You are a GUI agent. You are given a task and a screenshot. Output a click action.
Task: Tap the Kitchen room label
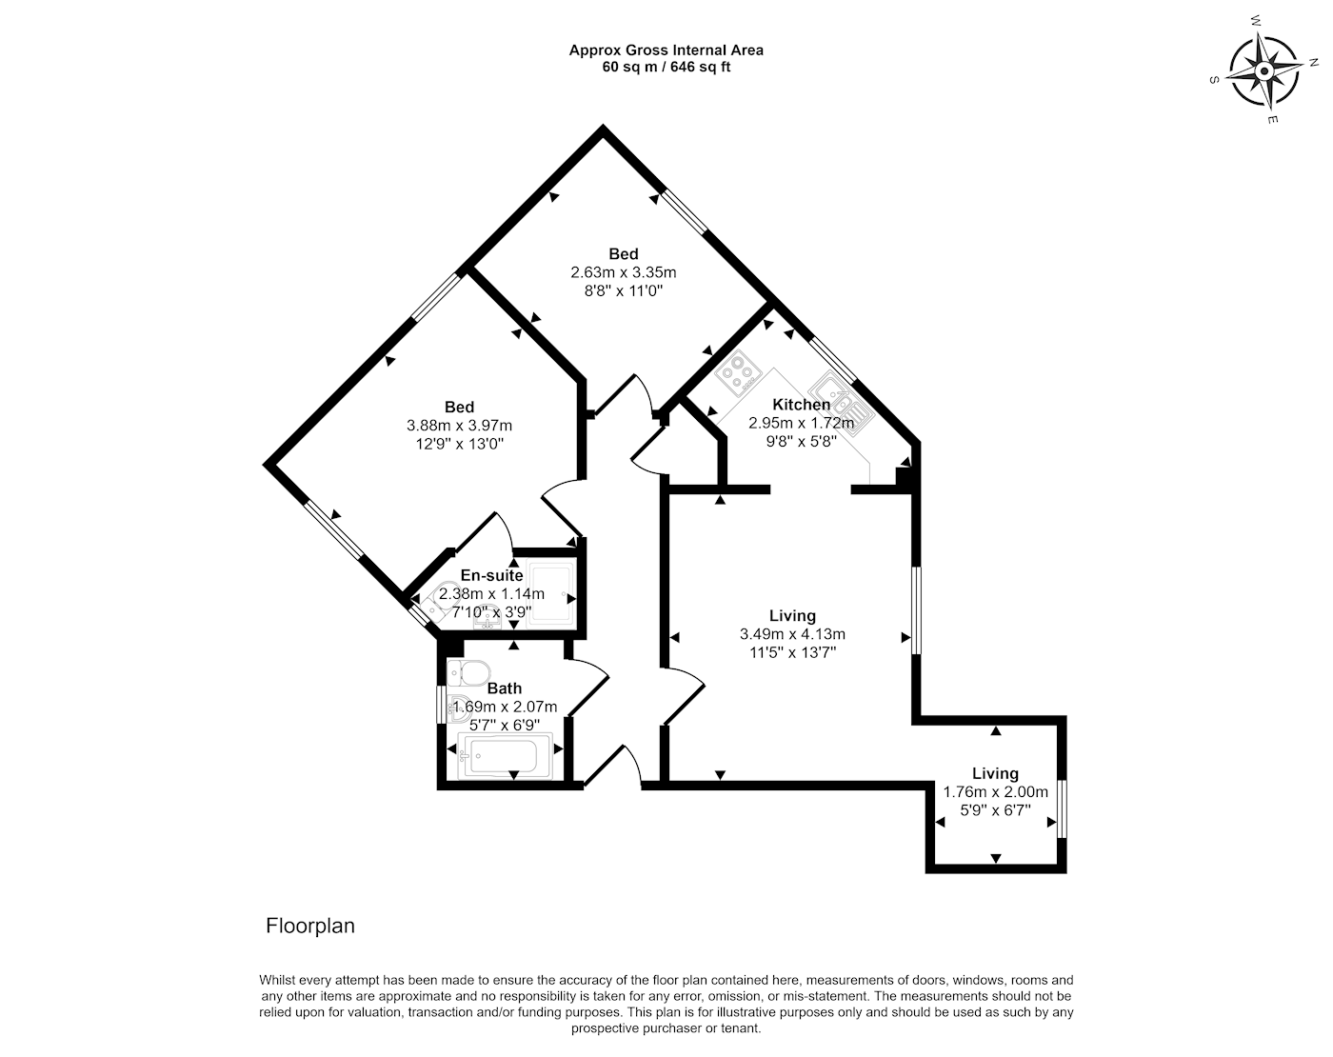pos(801,405)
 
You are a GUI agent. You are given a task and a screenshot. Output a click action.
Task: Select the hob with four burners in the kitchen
pos(739,372)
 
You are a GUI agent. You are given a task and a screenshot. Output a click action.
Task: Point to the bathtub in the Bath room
pos(498,757)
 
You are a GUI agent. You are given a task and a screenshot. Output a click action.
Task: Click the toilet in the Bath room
pos(468,670)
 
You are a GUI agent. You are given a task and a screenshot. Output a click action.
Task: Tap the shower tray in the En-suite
pos(550,594)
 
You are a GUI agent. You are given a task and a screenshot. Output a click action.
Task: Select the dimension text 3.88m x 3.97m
pos(459,426)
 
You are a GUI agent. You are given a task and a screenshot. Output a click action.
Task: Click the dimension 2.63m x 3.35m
pos(624,272)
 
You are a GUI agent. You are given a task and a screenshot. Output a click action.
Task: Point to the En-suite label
pos(491,575)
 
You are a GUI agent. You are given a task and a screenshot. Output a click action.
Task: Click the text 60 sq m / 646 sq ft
pos(666,67)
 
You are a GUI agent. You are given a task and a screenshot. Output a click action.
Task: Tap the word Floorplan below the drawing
pos(310,926)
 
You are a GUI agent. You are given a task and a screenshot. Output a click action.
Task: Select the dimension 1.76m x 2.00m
pos(995,792)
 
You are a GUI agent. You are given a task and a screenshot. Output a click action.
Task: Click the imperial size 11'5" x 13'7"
pos(792,652)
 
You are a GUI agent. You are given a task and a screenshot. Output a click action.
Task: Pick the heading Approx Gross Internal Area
pos(666,50)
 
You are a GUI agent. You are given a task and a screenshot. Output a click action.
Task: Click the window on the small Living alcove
pos(1062,809)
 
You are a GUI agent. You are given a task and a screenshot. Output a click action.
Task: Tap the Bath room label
pos(505,688)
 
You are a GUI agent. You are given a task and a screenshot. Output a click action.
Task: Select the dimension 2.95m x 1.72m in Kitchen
pos(800,423)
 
